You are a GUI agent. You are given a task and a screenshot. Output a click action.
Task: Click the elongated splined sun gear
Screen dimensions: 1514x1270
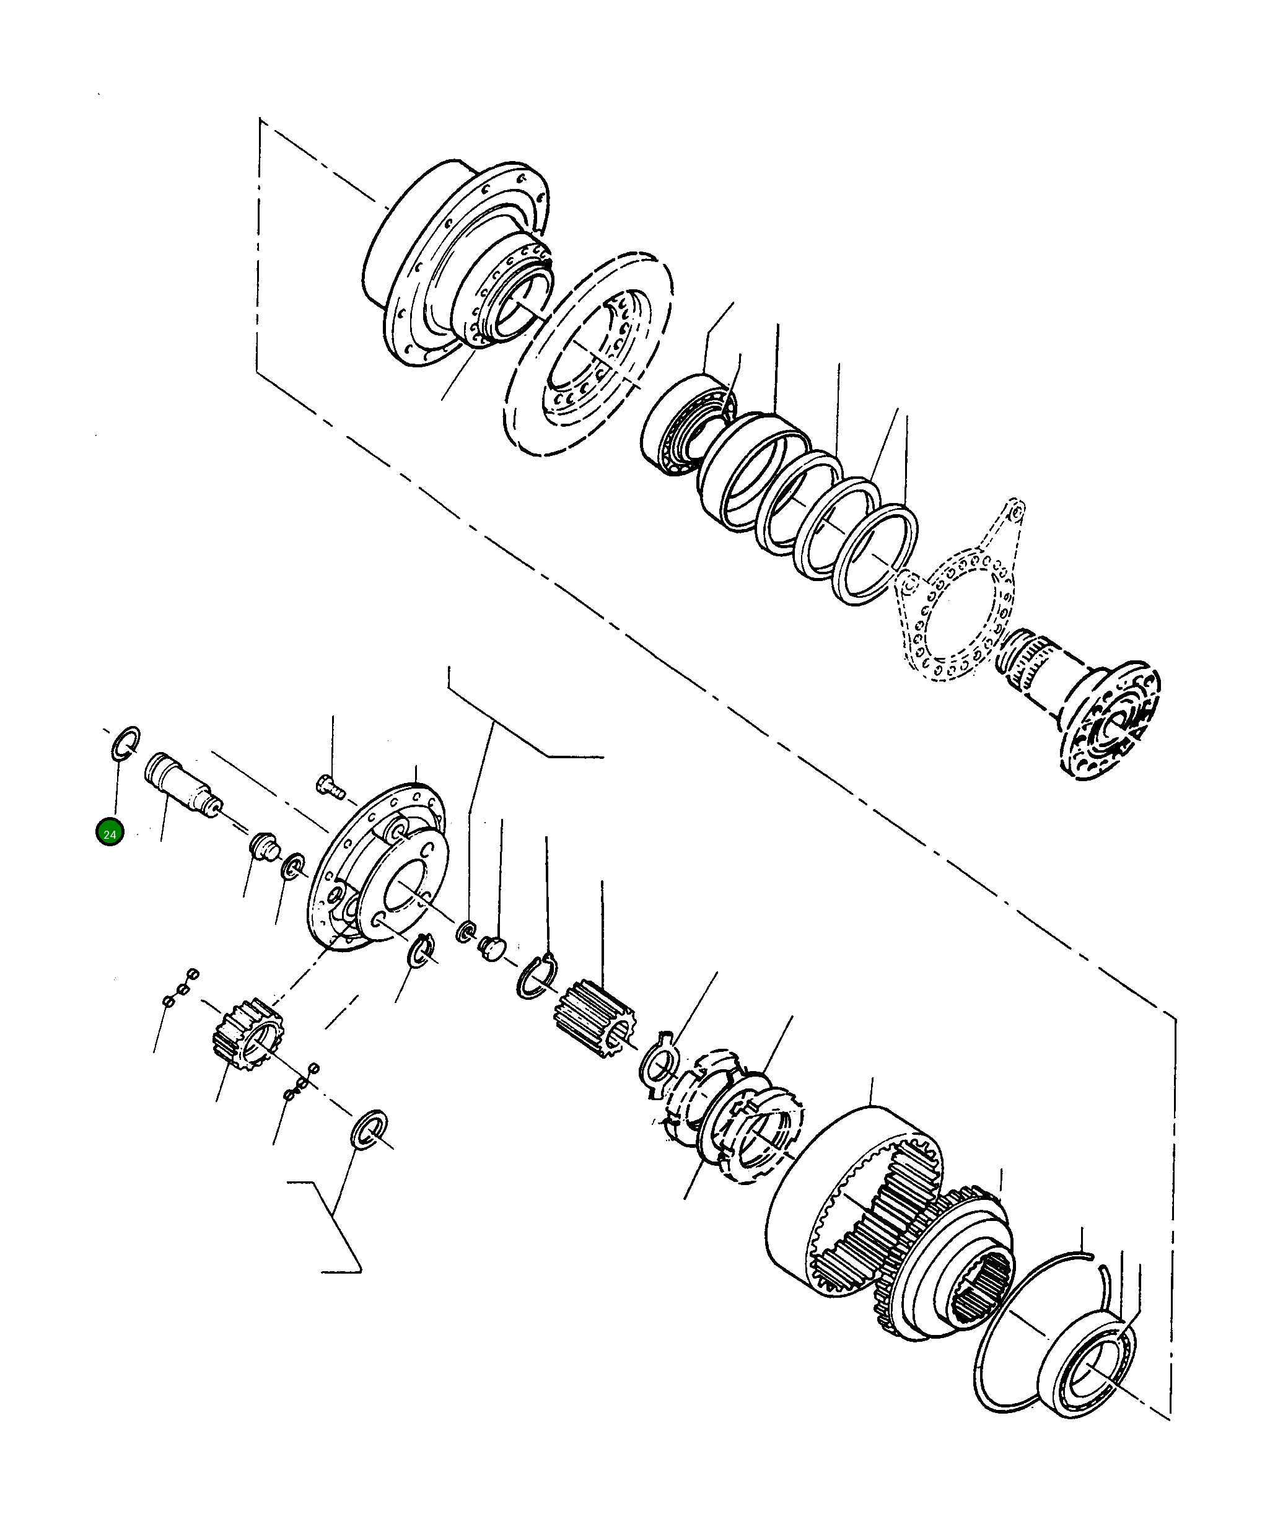594,1011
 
